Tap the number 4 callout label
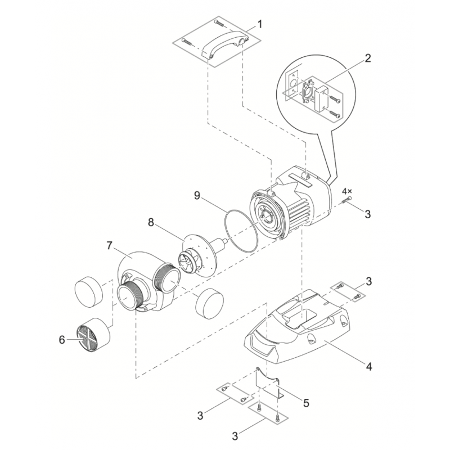coord(369,366)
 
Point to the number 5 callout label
coord(307,403)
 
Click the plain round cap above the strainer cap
coord(89,289)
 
